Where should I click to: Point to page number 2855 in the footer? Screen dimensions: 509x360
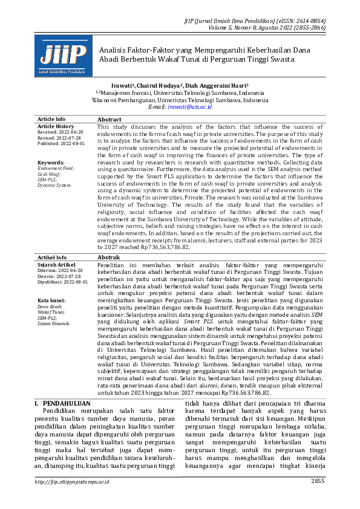point(317,498)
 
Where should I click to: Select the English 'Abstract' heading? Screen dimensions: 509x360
point(110,120)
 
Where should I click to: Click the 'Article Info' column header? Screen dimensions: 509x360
point(51,119)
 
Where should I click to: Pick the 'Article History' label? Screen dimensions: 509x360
point(56,126)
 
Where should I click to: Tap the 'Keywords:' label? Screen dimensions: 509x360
point(50,163)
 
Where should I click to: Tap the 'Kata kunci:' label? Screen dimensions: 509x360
point(51,300)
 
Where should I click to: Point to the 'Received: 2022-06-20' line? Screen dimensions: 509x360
point(60,132)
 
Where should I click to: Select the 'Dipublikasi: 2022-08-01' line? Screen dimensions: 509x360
point(62,282)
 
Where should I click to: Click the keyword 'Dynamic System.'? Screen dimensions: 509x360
point(54,185)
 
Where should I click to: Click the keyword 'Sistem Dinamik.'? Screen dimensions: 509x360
point(53,323)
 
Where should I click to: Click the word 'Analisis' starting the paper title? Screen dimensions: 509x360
point(113,50)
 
